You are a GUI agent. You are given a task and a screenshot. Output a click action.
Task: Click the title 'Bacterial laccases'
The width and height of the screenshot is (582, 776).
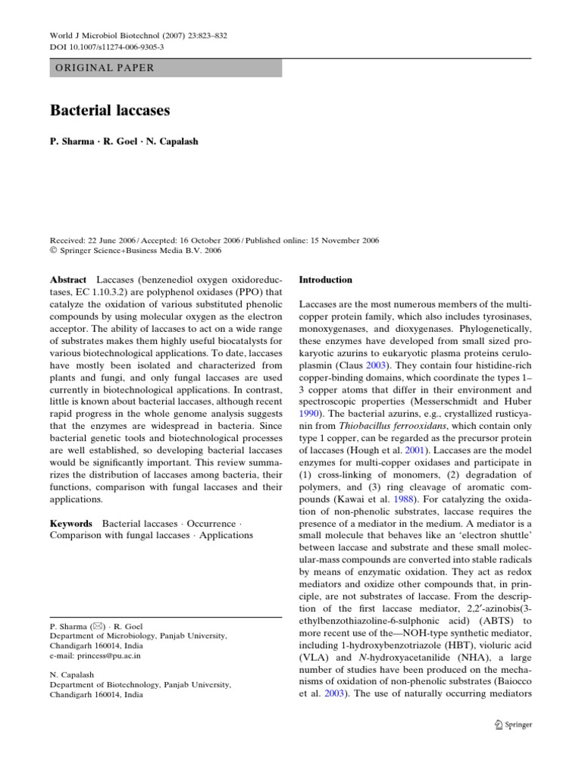pyautogui.click(x=110, y=111)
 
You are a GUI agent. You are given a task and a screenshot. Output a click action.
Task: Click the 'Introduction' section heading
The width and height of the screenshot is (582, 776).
pyautogui.click(x=326, y=280)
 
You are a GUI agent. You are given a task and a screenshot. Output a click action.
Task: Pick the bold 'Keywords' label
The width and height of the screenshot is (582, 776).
pyautogui.click(x=71, y=524)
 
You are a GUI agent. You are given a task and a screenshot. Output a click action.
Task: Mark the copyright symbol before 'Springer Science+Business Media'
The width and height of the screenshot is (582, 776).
pyautogui.click(x=54, y=251)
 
